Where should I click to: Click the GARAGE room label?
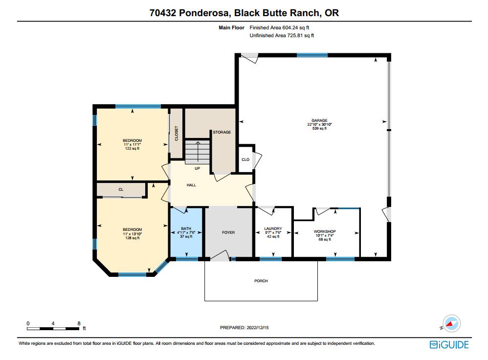point(320,120)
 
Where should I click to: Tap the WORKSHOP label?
point(325,231)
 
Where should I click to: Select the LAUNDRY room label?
point(273,228)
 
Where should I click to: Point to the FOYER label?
point(228,232)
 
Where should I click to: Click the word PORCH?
point(261,281)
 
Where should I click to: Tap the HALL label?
point(191,185)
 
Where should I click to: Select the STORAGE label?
point(222,132)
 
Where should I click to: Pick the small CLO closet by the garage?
point(245,159)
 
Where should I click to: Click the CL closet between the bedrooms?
point(120,189)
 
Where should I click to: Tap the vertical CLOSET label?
point(177,134)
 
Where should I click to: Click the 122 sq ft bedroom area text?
point(132,149)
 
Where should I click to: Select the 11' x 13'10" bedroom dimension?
point(132,234)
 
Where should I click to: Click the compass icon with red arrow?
point(452,324)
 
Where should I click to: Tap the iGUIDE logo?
point(449,345)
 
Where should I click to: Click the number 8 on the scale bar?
point(79,323)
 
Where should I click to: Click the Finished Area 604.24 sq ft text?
point(280,28)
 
